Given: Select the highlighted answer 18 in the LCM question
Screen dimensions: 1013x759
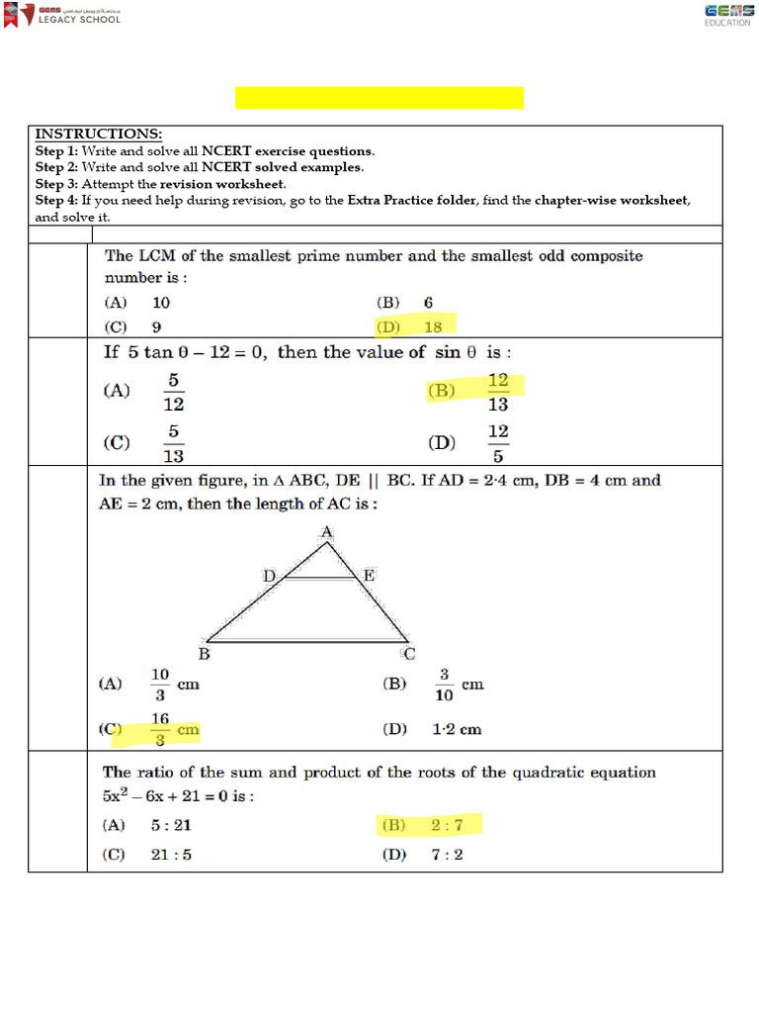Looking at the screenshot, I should tap(432, 326).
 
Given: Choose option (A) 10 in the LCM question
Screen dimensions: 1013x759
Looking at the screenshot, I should tap(161, 303).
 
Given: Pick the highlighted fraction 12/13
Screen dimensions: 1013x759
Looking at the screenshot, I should tap(498, 392).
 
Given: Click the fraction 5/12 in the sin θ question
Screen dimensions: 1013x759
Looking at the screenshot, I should tap(173, 392).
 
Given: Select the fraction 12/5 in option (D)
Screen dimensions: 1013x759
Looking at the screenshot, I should tap(498, 443).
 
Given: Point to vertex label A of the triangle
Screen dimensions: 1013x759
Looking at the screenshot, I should tap(327, 533).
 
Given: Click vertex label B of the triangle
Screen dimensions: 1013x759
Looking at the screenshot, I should tap(205, 654).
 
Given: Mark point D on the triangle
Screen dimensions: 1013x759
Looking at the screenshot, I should tap(269, 575).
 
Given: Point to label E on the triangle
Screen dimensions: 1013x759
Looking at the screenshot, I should tap(369, 575).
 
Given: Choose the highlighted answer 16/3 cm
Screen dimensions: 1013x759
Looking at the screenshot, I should tap(176, 730).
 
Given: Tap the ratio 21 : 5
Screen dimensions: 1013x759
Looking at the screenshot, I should tap(171, 855).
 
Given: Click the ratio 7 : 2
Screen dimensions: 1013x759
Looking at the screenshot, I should tap(445, 855).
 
